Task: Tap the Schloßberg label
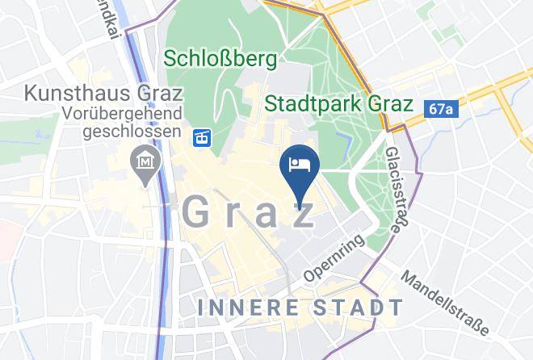point(220,59)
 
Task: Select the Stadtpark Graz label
point(339,103)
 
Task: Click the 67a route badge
point(442,107)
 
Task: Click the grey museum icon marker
point(146,164)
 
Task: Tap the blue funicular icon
point(203,138)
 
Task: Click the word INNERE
point(249,308)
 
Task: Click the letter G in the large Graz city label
point(198,211)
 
